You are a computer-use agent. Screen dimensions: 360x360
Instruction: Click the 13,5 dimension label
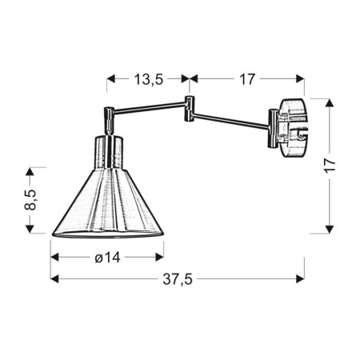(148, 78)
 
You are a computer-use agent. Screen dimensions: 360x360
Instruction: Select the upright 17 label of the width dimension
(246, 78)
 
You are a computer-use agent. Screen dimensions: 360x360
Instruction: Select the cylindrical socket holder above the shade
(110, 152)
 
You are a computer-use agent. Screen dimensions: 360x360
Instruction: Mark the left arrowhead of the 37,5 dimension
(55, 279)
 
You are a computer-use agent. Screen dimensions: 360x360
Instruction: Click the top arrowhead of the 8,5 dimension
(30, 172)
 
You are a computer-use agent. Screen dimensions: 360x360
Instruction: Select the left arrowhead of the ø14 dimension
(56, 257)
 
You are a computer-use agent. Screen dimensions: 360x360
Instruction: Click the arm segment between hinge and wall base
(232, 120)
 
